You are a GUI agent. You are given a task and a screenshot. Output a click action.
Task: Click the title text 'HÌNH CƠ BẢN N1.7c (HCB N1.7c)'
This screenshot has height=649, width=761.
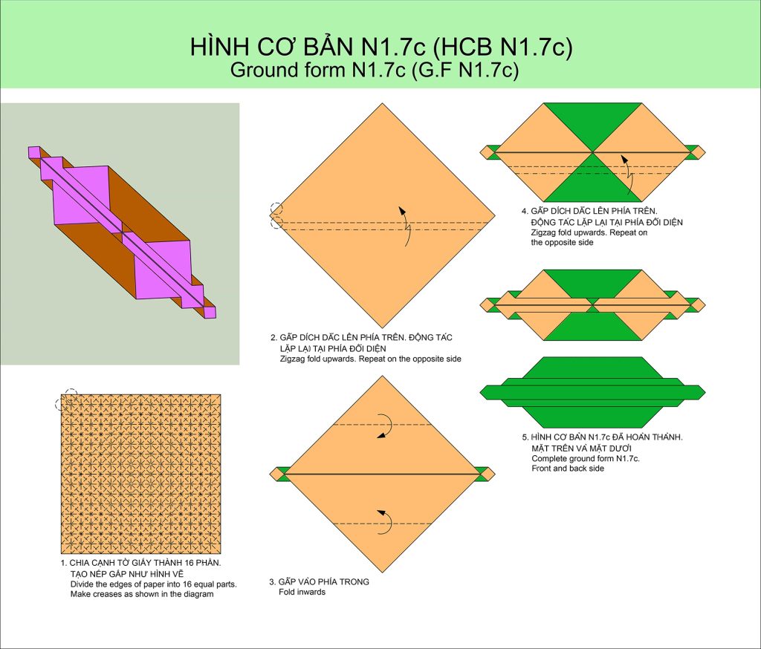(x=381, y=47)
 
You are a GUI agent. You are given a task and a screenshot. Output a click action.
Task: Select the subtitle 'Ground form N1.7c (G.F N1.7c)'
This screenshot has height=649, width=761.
(x=375, y=70)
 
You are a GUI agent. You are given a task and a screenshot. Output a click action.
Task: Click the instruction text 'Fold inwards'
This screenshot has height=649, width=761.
(x=302, y=593)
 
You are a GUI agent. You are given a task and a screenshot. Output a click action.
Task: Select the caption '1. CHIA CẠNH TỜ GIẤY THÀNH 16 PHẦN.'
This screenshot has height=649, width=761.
(x=140, y=563)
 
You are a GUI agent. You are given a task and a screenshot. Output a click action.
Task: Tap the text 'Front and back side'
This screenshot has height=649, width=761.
(x=568, y=469)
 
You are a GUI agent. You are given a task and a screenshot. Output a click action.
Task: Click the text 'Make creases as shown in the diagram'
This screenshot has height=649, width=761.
(x=142, y=594)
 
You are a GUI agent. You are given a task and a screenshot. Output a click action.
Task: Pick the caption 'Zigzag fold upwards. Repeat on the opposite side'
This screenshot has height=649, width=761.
(x=370, y=359)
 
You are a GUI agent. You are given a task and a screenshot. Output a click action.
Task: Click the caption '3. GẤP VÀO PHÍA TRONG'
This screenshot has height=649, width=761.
(x=320, y=581)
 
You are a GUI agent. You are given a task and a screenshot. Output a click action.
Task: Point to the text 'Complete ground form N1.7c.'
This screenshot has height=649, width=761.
(x=586, y=458)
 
